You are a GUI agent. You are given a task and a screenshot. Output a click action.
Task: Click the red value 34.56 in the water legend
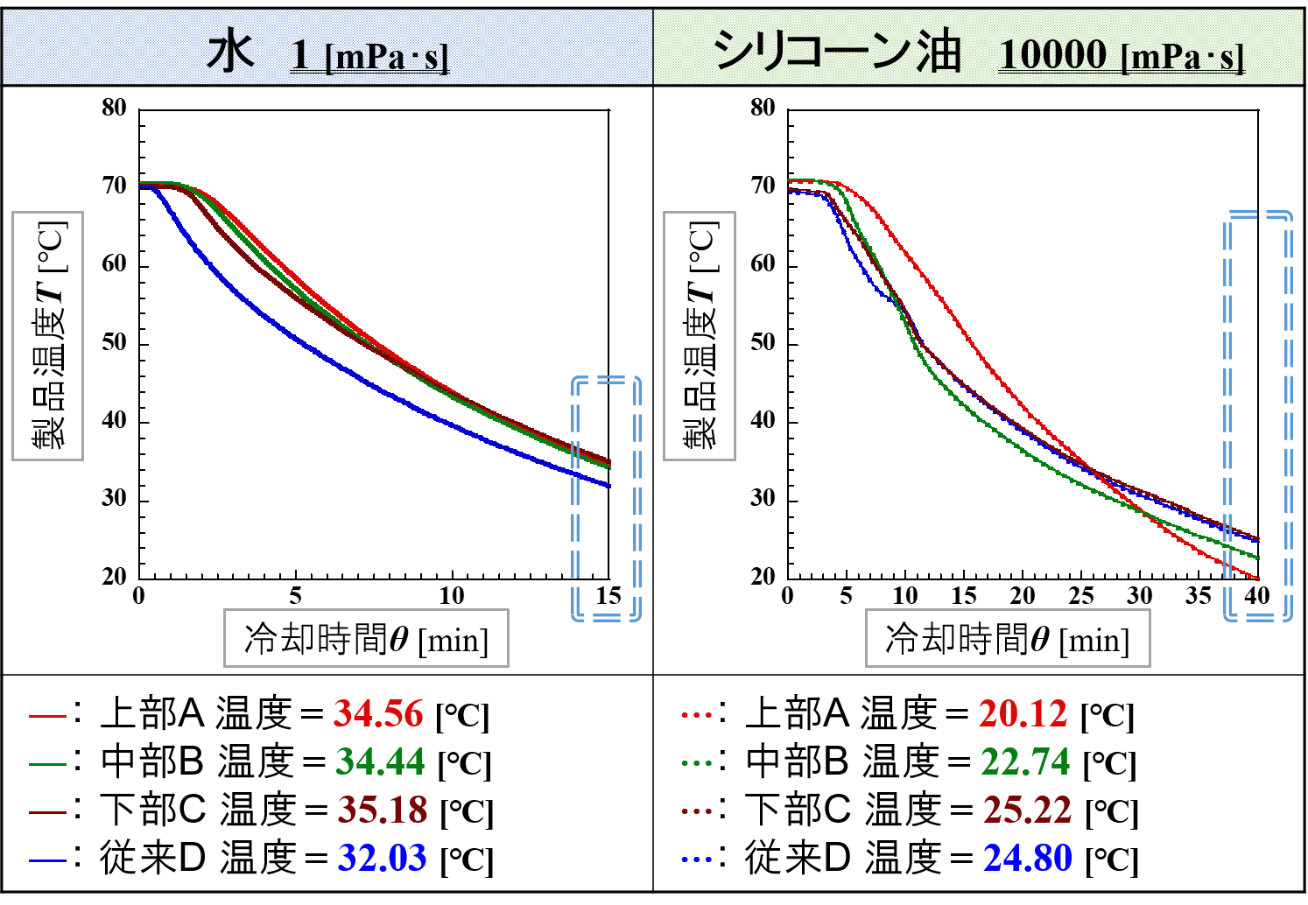378,714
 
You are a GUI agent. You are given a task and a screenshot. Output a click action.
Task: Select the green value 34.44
380,762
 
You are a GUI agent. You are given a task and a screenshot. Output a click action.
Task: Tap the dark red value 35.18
383,810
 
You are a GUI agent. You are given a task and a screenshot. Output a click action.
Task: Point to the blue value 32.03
382,859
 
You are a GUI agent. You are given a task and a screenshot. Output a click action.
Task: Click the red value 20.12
1023,714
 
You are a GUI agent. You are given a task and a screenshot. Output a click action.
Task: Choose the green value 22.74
1025,762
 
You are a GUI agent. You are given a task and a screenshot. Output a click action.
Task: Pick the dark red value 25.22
1027,810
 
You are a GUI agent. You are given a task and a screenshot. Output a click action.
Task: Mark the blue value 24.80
1027,859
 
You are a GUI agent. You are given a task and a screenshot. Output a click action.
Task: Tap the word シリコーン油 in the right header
837,51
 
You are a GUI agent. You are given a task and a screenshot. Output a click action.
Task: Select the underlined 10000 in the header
1053,54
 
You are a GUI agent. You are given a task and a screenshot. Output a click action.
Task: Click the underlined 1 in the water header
300,54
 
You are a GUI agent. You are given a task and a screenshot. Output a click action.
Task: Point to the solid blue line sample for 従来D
47,860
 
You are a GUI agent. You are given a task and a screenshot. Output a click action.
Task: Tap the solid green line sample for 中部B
47,764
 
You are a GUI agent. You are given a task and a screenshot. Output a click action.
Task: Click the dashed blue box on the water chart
606,499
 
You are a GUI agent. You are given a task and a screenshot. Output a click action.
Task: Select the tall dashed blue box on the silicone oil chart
1257,416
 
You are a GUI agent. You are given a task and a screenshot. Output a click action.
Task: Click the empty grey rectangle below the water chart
366,638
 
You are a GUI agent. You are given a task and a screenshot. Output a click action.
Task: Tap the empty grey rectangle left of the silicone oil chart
699,336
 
